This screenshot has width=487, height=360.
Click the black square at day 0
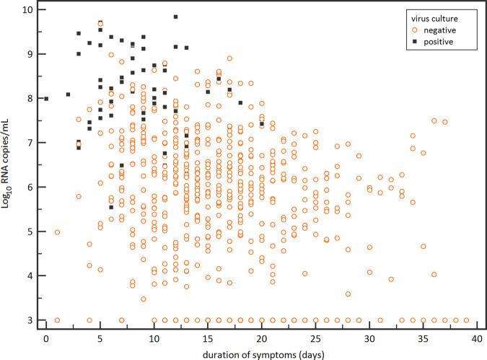click(46, 99)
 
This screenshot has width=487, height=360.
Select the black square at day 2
click(68, 95)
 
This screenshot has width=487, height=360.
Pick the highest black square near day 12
click(175, 17)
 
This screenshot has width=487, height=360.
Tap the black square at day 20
click(262, 124)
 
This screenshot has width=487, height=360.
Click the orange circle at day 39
click(466, 320)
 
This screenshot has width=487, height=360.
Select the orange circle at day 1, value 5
click(57, 232)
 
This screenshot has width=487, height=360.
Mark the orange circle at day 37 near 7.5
click(445, 122)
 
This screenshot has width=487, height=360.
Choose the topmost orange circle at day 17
click(229, 58)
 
